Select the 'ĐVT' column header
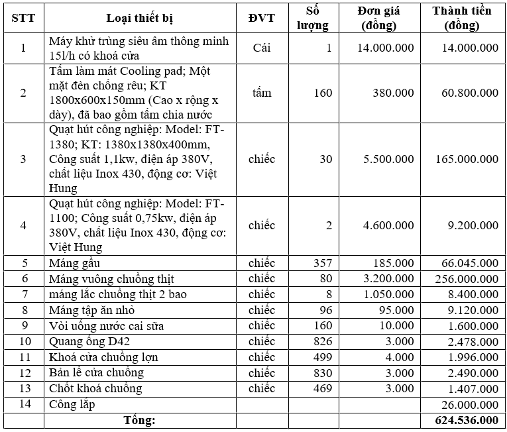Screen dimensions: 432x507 [x=261, y=18]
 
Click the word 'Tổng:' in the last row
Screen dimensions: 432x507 [x=140, y=420]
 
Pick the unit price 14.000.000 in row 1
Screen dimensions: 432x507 [x=386, y=48]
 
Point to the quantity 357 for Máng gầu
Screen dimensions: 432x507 [x=322, y=263]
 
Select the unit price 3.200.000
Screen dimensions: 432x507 [x=389, y=278]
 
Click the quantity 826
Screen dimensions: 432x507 [x=322, y=341]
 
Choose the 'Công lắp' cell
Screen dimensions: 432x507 [x=72, y=404]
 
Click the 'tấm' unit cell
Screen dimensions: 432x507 [x=261, y=93]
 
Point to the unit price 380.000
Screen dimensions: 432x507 [x=394, y=93]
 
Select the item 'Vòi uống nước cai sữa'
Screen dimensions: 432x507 [x=107, y=325]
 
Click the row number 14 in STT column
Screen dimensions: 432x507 [x=23, y=404]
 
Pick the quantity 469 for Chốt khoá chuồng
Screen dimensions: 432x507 [x=322, y=388]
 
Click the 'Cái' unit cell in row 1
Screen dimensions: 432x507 [x=261, y=48]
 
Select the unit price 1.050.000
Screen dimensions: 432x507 [x=389, y=294]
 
